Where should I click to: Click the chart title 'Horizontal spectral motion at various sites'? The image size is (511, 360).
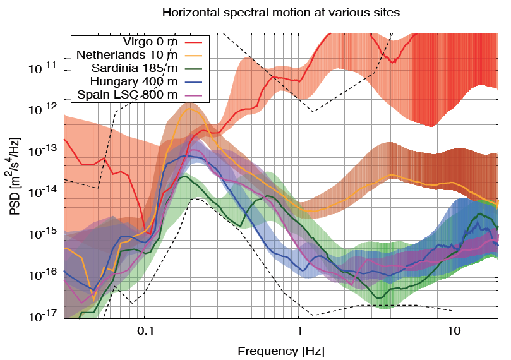281,12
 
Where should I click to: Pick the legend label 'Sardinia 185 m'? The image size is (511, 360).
135,68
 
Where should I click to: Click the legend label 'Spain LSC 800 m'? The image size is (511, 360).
128,95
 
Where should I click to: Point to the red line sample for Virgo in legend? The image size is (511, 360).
199,42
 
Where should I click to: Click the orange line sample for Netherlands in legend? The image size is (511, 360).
199,56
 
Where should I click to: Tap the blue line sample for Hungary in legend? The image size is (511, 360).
199,81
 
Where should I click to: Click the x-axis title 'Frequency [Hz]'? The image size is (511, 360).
280,349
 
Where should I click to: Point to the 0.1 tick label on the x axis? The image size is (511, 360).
145,330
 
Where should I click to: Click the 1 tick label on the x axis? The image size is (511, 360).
299,330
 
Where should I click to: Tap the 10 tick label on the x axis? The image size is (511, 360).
453,330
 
